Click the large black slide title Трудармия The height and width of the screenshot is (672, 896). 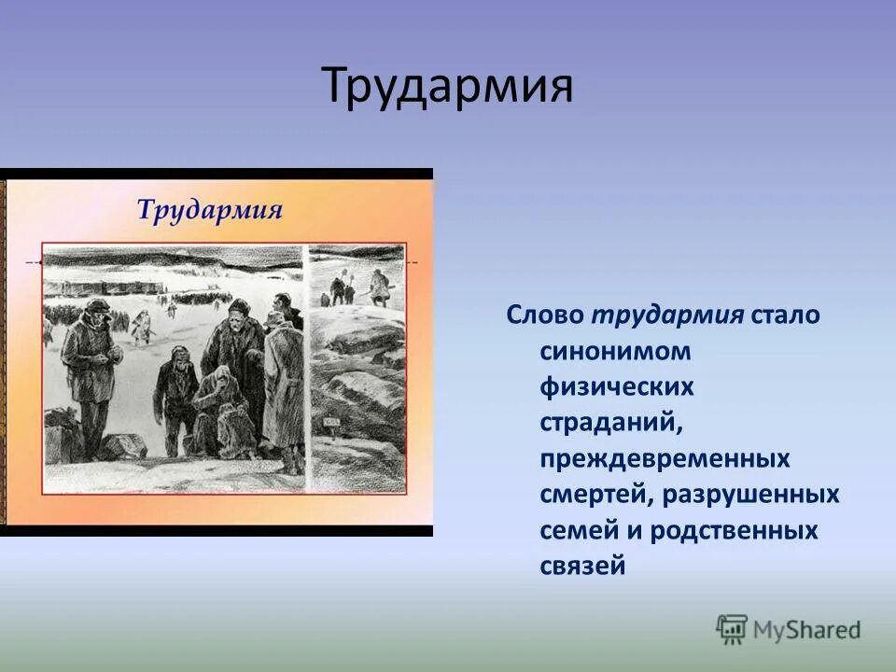(x=447, y=86)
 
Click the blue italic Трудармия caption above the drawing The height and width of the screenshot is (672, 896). (x=209, y=208)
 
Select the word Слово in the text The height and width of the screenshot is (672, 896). (x=544, y=315)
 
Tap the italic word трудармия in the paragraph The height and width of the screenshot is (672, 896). (x=666, y=315)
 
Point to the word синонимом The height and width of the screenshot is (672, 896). (x=615, y=351)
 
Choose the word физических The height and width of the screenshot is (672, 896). (x=616, y=386)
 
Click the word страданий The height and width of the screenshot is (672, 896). (x=611, y=422)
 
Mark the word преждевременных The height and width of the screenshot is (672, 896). (x=665, y=458)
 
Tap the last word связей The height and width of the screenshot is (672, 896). (x=581, y=566)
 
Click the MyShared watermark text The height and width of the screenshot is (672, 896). (x=807, y=630)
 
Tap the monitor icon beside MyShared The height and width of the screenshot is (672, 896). (x=732, y=629)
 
